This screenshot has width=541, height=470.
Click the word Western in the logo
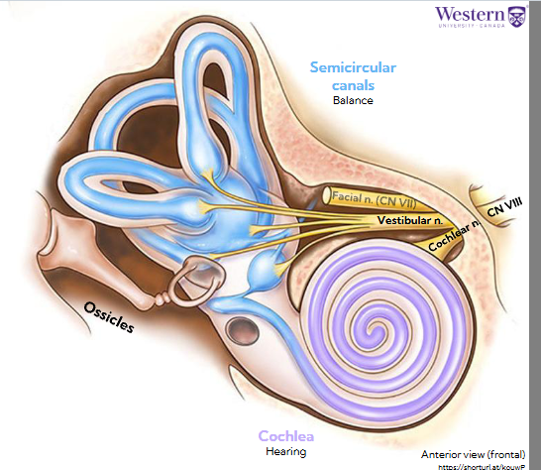pos(469,14)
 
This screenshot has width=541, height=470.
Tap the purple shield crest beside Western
pos(515,17)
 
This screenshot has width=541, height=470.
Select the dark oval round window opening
pos(240,326)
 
